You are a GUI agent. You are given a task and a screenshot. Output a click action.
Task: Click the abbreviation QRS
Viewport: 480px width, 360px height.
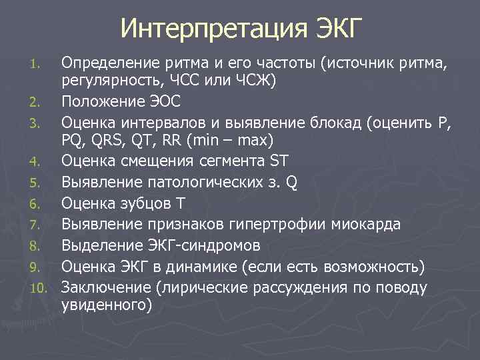click(108, 141)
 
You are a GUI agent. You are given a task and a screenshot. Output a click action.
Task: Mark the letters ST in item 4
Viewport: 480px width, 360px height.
click(277, 161)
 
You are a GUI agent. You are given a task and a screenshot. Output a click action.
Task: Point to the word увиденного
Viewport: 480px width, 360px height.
click(106, 306)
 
